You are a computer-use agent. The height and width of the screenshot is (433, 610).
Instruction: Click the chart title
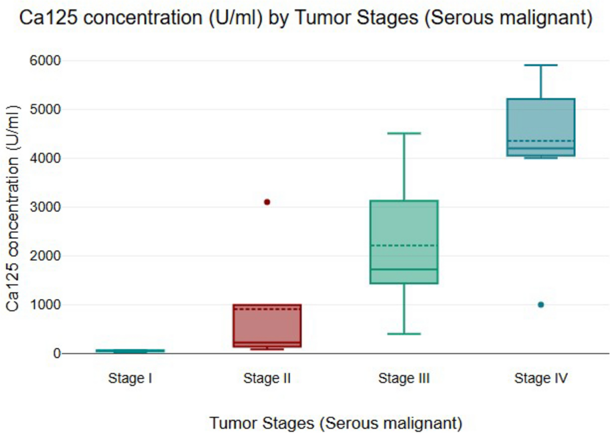pos(306,18)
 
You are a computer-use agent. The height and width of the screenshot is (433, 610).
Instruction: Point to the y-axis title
pos(13,208)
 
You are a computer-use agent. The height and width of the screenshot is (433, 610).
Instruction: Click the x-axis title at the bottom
pos(336,423)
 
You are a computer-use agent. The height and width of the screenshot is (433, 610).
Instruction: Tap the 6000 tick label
pos(45,61)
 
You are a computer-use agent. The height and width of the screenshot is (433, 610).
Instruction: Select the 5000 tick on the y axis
pos(45,110)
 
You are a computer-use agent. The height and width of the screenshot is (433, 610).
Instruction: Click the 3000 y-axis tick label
pos(45,207)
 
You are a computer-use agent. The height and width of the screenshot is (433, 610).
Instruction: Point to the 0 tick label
pos(57,354)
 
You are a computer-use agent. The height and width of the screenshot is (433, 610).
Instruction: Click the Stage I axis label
pos(130,378)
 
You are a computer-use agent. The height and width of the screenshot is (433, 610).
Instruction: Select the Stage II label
pos(267,378)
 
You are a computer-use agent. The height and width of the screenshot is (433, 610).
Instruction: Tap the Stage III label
pos(404,378)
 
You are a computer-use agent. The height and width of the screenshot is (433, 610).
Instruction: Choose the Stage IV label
pos(541,378)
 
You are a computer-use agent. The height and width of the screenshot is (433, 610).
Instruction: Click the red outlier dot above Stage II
pos(267,202)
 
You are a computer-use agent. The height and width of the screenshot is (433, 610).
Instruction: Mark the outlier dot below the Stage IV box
pos(541,305)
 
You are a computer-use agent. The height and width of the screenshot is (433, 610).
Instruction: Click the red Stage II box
pos(267,326)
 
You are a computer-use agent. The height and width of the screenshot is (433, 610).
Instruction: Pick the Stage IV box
pos(541,127)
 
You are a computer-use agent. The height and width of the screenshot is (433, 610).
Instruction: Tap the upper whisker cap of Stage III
pos(404,133)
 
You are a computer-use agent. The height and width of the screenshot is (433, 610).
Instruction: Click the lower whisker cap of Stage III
pos(404,334)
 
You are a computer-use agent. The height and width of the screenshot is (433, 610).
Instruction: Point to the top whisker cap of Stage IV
pos(541,65)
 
